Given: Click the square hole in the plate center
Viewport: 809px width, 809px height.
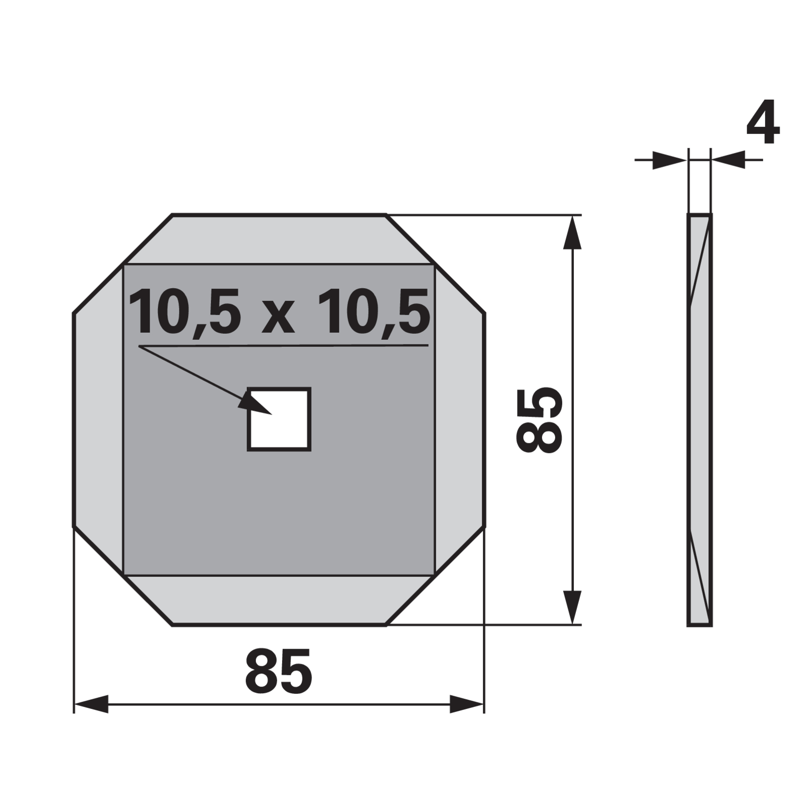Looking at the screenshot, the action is coord(279,419).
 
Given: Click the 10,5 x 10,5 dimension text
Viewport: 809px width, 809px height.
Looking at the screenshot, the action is coord(280,312).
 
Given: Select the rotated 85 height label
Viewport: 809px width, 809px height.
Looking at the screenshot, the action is coord(538,420).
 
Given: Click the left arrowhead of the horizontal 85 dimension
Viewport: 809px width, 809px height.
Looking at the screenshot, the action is coord(92,704).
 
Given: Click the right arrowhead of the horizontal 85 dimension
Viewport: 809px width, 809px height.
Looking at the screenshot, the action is coord(467,704).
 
